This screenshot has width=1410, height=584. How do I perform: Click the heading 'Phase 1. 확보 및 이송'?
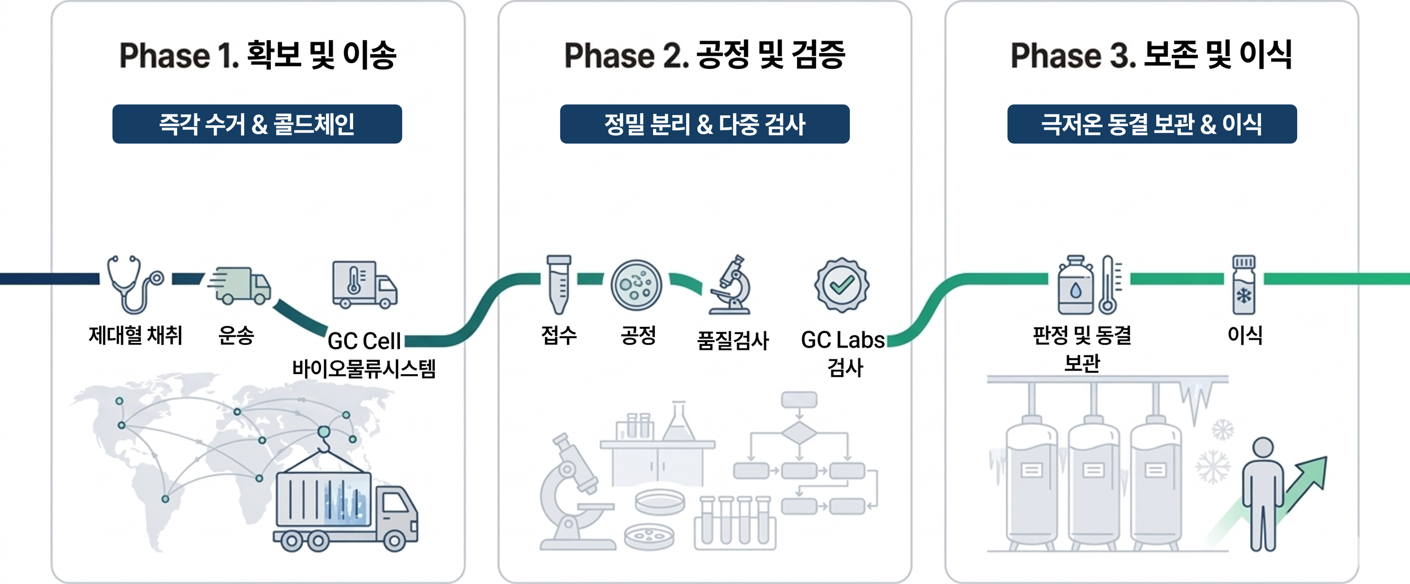258,55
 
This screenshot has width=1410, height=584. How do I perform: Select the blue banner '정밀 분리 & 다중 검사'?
704,124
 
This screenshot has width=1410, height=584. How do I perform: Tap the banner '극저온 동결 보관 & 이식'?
1152,124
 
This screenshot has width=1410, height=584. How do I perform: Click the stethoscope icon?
134,284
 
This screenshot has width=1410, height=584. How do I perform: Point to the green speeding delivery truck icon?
240,286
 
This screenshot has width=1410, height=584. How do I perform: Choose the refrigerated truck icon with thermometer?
364,284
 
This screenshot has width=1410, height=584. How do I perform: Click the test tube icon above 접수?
558,284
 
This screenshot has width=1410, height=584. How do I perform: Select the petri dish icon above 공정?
636,285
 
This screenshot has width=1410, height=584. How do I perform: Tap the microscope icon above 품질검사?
732,285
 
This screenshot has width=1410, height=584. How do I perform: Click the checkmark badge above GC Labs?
841,285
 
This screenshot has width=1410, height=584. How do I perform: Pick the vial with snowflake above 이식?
1244,284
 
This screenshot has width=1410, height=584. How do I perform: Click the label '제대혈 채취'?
135,336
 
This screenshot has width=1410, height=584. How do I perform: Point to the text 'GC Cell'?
364,341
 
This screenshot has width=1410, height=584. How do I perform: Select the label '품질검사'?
733,341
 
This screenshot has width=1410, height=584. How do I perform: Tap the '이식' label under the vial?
1245,335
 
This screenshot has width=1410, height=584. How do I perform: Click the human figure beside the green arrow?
1262,494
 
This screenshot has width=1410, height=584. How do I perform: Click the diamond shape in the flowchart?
799,433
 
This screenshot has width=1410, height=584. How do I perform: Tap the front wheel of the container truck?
394,542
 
